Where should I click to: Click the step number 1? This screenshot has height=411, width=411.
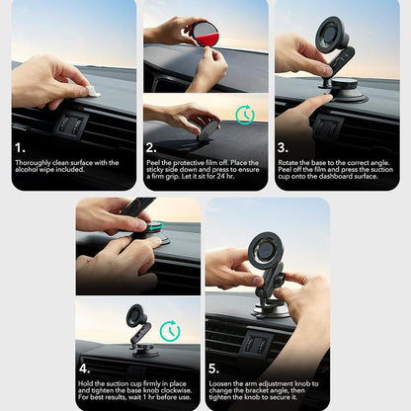[19, 148]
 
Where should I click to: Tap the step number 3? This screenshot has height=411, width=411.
[282, 148]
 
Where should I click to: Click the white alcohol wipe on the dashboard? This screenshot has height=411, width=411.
[92, 91]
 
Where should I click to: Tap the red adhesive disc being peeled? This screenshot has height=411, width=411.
[207, 34]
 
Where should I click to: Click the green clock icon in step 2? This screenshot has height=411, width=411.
[244, 115]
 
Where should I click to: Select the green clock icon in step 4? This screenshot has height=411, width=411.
[170, 331]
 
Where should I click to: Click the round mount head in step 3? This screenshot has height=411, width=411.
[332, 35]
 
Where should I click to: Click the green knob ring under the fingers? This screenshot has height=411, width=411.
[154, 228]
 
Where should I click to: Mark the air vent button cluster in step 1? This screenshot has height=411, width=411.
[72, 124]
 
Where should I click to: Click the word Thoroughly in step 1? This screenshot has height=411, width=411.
[35, 163]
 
